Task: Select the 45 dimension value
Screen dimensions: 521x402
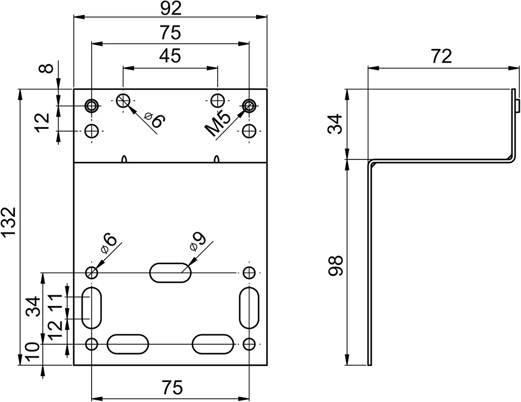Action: coord(170,56)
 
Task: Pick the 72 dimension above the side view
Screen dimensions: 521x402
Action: coord(442,56)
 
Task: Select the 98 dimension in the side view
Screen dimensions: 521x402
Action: coord(335,265)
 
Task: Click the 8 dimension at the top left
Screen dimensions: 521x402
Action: coord(48,68)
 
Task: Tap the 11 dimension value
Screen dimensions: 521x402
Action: coord(55,301)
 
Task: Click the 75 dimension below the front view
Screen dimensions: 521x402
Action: coord(172,388)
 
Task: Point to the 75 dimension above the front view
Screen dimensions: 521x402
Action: coord(170,33)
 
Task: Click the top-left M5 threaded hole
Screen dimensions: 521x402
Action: coord(92,106)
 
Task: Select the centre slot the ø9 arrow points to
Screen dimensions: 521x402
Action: coord(171,273)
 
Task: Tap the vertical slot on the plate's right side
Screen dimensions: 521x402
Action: coord(249,308)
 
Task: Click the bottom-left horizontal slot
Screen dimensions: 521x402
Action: coord(128,344)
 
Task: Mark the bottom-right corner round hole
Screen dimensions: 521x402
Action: coord(249,344)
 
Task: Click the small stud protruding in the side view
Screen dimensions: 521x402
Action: coord(517,105)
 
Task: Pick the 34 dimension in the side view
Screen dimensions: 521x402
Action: coord(335,124)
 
